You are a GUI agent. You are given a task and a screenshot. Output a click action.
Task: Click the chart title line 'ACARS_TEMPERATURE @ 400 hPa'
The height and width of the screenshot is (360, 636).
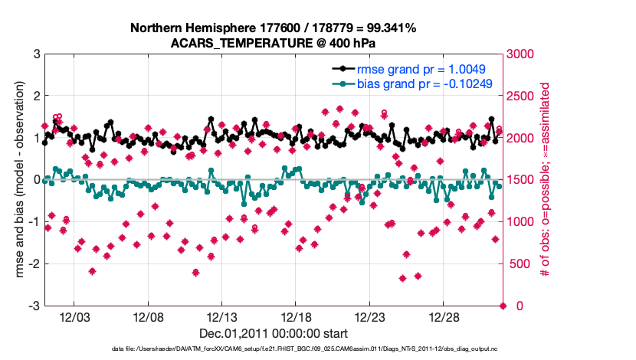click(x=274, y=43)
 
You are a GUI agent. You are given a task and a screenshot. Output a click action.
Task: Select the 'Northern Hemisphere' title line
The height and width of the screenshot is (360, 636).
click(x=274, y=28)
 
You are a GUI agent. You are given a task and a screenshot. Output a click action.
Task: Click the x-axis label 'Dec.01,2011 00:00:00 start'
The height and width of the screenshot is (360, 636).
click(x=274, y=333)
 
